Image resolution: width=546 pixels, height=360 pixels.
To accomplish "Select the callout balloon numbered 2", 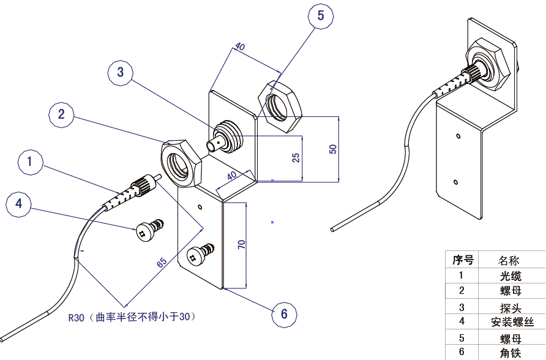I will click(x=61, y=114).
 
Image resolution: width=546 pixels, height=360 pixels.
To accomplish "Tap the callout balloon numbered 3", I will click(x=121, y=72).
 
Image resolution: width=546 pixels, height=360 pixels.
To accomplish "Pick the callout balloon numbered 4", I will click(x=19, y=203).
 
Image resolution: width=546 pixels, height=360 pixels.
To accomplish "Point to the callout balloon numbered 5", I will click(x=321, y=15).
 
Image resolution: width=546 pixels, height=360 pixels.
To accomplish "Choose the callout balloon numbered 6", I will click(x=284, y=314).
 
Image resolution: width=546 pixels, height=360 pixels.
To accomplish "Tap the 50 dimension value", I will click(x=333, y=149).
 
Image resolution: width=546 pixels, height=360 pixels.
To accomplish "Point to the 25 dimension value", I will click(x=296, y=158).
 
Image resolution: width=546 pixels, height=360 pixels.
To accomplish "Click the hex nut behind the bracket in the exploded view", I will click(x=280, y=107).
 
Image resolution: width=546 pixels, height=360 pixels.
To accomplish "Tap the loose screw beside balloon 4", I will click(x=149, y=229).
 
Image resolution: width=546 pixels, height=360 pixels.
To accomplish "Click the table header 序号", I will click(x=462, y=260).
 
